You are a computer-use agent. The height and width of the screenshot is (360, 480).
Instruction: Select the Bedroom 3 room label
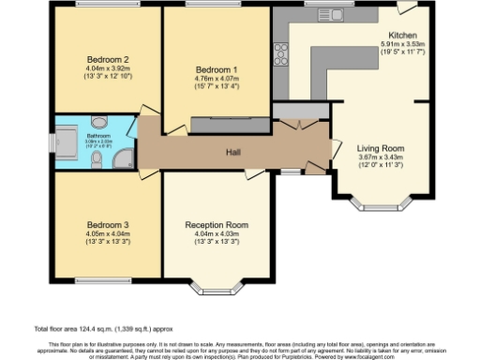pos(108,225)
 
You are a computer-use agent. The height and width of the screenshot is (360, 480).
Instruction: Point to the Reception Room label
pos(217,225)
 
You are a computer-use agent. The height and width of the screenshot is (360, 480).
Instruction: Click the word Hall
pos(234,152)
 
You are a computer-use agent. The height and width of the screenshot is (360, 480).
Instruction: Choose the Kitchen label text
pos(402,36)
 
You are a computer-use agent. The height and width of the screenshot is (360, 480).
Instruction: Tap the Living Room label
pos(381,147)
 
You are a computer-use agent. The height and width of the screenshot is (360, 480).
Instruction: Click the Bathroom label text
pos(99,136)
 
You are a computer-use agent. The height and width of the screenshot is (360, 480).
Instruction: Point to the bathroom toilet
pos(97,157)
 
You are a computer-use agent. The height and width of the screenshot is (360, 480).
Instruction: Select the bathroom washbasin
pos(100,121)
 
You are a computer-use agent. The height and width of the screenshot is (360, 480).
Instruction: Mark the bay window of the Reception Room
pos(217,285)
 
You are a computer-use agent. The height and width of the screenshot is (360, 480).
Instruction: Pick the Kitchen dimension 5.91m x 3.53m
pos(402,44)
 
